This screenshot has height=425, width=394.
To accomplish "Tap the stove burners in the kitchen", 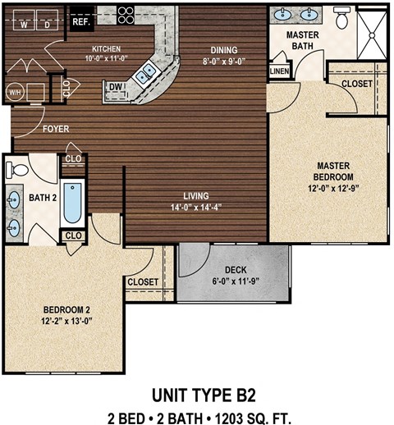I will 126,15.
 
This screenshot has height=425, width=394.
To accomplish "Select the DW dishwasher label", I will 117,86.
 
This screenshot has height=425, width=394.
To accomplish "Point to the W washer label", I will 24,25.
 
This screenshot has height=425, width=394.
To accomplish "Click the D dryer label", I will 47,25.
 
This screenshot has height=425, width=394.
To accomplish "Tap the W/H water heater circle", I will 15,92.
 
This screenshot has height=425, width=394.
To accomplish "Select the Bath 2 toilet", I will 16,170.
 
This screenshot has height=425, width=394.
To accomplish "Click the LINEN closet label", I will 280,71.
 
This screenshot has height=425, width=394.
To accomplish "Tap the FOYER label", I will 56,129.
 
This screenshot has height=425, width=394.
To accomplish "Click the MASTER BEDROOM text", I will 334,171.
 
